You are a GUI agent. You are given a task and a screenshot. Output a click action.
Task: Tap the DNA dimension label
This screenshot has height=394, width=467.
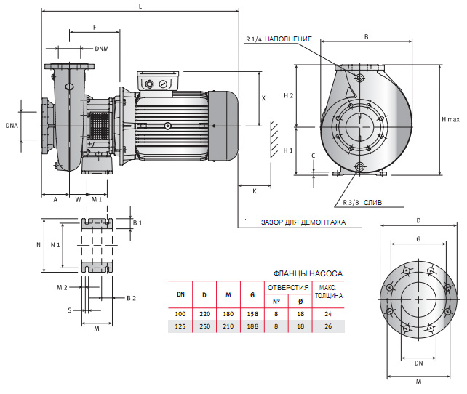(x=11, y=125)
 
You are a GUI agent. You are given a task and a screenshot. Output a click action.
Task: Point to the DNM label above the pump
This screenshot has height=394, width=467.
(x=103, y=48)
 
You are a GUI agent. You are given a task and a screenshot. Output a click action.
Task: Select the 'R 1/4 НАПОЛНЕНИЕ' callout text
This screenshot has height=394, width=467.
(x=279, y=39)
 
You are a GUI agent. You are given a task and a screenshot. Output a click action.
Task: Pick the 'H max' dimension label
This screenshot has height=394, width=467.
(x=451, y=119)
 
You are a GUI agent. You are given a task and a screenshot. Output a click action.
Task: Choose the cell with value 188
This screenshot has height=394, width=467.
(x=252, y=326)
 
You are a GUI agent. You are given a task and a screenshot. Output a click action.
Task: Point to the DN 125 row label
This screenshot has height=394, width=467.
(x=180, y=326)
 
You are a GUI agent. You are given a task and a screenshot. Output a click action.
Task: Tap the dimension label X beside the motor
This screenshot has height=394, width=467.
(x=263, y=97)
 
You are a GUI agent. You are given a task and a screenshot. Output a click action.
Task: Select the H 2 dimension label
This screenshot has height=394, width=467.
(x=289, y=95)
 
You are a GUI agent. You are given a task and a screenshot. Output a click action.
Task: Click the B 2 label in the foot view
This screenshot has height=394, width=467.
(x=131, y=298)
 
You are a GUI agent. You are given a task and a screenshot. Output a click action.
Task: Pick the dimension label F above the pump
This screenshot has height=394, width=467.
(x=95, y=27)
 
